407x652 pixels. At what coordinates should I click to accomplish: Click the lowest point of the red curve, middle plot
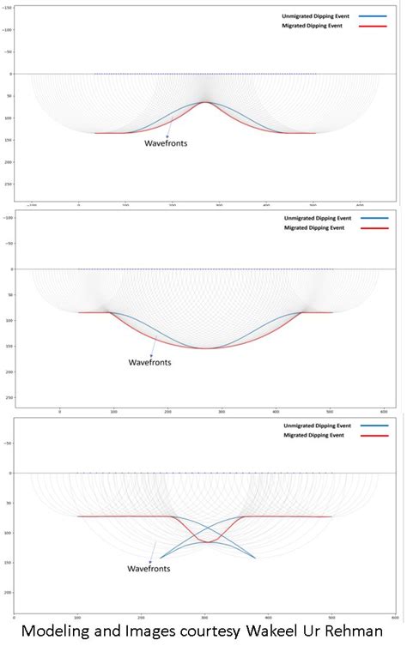coord(228,348)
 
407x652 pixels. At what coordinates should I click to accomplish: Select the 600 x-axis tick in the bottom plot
coord(394,617)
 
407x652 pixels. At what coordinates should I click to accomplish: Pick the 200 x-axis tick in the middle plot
coord(167,412)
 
